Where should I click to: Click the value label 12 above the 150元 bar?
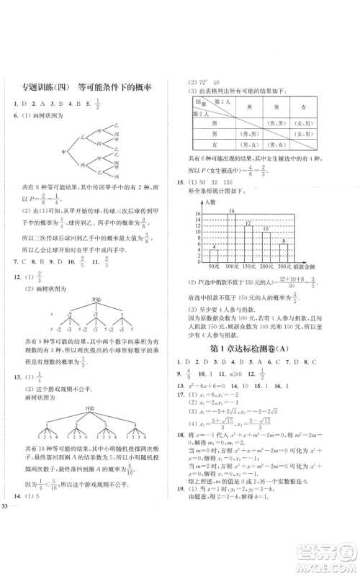pos(249,223)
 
